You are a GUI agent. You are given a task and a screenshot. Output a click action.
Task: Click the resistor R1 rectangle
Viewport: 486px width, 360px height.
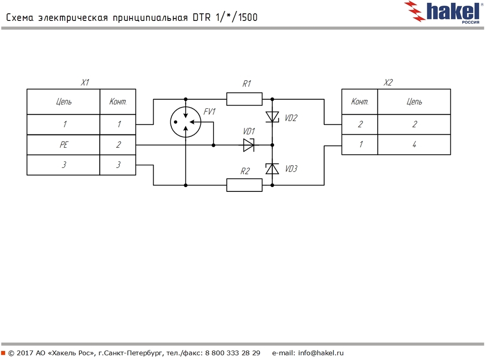[244, 99]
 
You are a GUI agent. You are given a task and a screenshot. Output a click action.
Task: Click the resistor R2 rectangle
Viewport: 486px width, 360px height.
[244, 185]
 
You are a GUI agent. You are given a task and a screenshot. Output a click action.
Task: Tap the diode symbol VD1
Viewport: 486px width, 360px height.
[249, 145]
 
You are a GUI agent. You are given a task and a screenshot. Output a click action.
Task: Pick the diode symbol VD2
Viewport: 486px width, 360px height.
[272, 117]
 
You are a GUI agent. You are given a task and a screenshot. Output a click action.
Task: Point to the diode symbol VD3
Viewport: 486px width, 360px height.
[272, 169]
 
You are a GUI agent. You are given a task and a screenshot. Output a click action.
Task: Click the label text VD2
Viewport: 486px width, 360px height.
[291, 118]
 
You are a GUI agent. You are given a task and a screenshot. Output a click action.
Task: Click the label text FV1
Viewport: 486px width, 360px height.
[209, 112]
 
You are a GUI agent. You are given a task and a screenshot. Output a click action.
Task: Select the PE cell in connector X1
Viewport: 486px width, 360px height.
[63, 145]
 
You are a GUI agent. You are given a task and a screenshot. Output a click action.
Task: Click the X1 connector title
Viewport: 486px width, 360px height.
[84, 83]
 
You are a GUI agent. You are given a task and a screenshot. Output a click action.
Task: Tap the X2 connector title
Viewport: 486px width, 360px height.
[388, 83]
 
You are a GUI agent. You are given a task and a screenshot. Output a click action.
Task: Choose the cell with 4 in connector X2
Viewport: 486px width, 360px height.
[414, 145]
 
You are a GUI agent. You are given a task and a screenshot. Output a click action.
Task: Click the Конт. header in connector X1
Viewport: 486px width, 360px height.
[118, 102]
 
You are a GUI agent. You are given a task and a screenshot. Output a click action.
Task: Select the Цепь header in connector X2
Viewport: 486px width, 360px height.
[414, 102]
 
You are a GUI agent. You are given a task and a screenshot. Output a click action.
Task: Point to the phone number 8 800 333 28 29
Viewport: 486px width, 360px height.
[233, 353]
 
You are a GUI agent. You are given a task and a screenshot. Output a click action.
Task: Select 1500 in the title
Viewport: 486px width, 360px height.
[247, 18]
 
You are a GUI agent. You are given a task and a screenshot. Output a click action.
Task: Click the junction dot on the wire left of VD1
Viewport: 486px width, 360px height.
[214, 145]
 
